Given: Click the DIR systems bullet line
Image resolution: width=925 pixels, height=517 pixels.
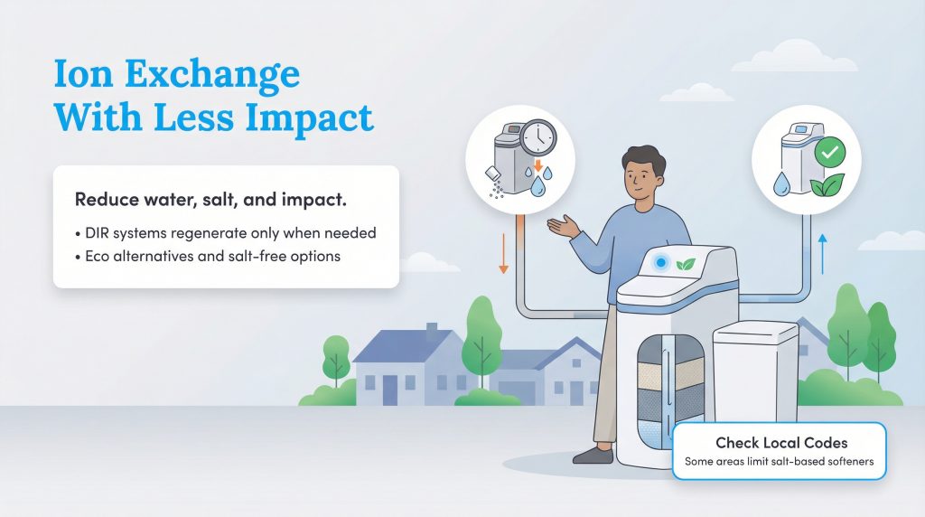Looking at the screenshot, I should point(226,232).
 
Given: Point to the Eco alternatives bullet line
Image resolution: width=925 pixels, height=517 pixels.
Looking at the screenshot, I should point(208,256).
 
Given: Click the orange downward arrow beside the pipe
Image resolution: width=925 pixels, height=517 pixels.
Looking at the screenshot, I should point(503,256).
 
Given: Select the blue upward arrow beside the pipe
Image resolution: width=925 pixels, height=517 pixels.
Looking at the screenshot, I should point(822,254).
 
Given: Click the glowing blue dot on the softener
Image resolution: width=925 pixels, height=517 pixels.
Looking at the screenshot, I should point(661,262).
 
